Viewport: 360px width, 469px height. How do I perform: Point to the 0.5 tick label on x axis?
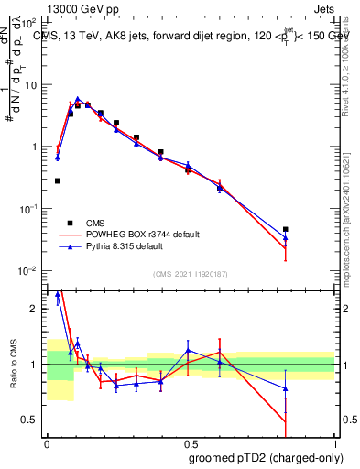[x=191, y=442]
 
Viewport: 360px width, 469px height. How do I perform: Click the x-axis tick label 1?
[x=334, y=442]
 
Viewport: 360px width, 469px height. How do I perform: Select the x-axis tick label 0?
[x=47, y=442]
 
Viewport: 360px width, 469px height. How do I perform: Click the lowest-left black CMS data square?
[x=58, y=181]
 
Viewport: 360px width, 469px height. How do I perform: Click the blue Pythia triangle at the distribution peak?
[x=78, y=98]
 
